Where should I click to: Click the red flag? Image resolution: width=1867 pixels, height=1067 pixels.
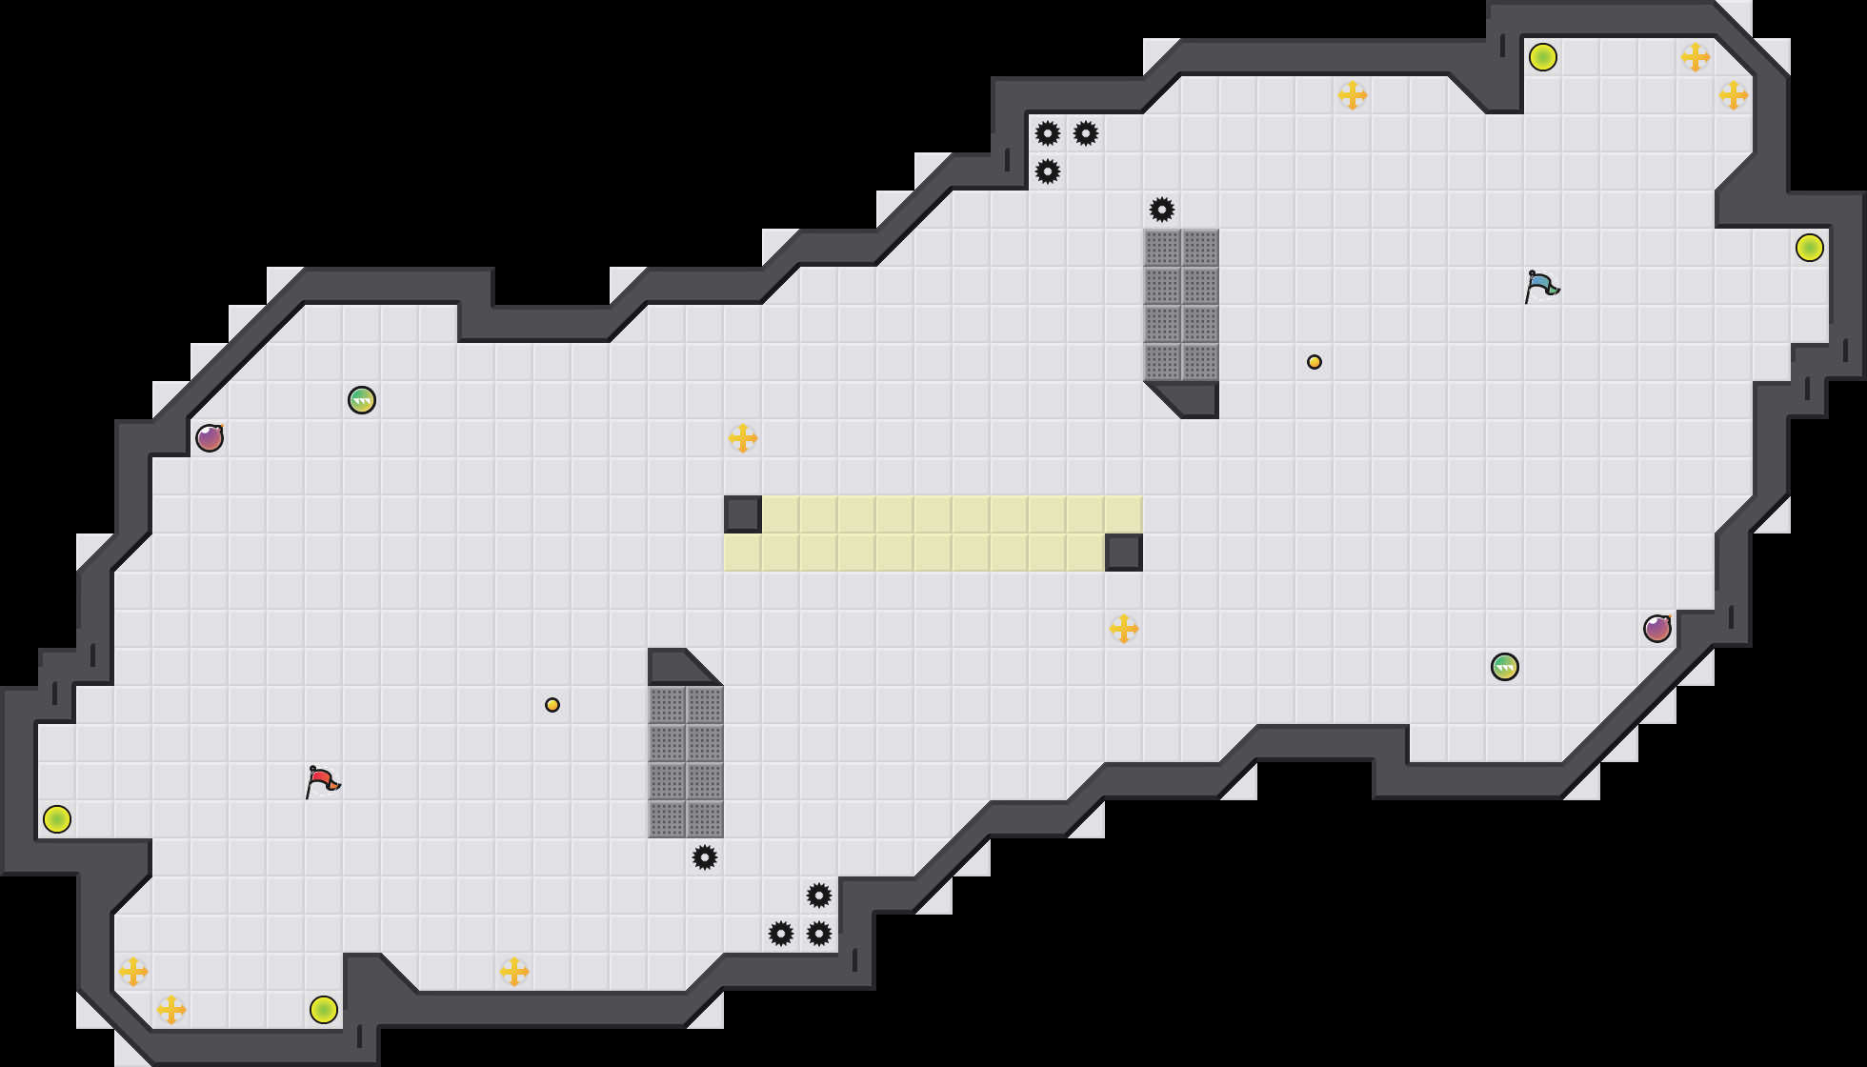click(x=322, y=781)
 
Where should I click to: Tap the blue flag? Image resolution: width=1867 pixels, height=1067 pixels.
click(x=1540, y=286)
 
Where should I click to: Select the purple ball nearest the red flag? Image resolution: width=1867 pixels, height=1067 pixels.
click(x=210, y=438)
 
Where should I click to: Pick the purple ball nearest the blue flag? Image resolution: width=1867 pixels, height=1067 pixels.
click(x=1657, y=629)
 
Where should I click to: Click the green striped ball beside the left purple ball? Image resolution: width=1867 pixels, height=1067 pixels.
click(x=362, y=400)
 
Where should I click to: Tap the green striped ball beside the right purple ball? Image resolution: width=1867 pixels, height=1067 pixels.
click(x=1505, y=667)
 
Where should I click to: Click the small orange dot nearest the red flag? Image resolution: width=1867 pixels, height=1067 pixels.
click(x=552, y=705)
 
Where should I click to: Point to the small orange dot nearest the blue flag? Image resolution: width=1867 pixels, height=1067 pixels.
click(x=1315, y=362)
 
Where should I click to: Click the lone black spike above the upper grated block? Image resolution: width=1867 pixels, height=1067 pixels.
click(x=1162, y=210)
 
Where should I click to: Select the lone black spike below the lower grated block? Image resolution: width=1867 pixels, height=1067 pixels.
click(x=705, y=857)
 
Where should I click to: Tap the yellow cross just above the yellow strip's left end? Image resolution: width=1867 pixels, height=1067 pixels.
click(x=743, y=438)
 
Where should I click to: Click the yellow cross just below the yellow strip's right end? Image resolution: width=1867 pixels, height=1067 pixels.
click(x=1124, y=629)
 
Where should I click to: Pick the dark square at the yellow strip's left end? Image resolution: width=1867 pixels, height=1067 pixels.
click(x=743, y=514)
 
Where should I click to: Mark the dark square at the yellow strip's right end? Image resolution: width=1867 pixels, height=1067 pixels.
click(x=1124, y=553)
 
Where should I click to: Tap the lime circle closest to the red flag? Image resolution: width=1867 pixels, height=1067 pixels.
click(x=57, y=819)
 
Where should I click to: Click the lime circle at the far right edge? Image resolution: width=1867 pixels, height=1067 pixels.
click(x=1810, y=248)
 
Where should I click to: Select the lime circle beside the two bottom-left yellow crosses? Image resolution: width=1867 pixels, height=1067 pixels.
click(x=324, y=1010)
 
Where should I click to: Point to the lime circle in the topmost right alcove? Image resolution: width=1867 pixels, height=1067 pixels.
click(x=1543, y=57)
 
